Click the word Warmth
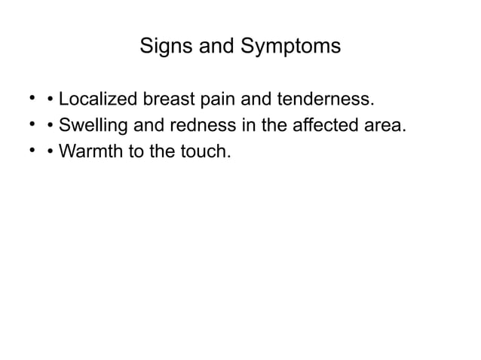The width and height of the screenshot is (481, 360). [88, 152]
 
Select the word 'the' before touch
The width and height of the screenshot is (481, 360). [164, 152]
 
